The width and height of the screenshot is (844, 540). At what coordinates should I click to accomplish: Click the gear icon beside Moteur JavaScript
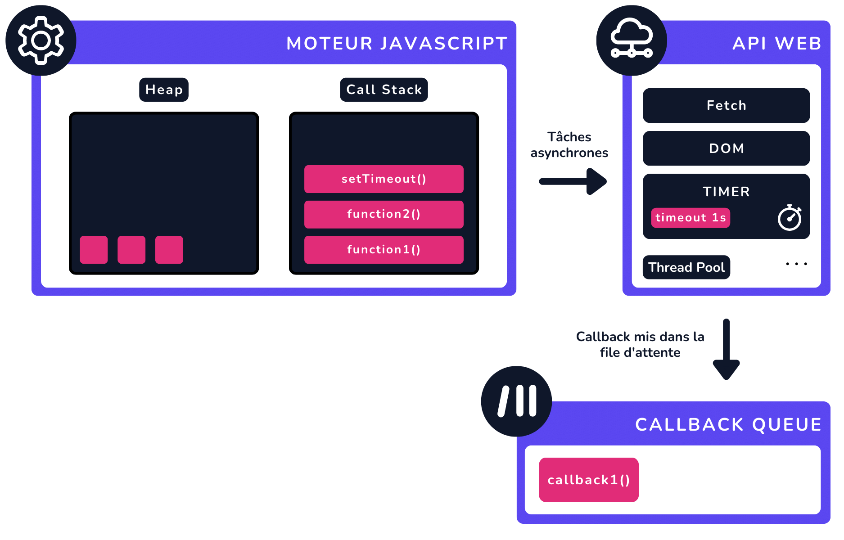tap(41, 40)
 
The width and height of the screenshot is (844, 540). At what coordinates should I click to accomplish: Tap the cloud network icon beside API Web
tap(631, 40)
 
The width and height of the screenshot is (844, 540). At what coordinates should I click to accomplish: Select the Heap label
tap(164, 90)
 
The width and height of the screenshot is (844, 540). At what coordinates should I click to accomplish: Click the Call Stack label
tap(384, 90)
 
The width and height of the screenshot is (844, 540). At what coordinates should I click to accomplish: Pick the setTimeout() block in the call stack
tap(384, 179)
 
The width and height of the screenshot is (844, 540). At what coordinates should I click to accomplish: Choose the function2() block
tap(384, 214)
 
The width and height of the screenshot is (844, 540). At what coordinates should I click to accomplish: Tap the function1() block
tap(384, 250)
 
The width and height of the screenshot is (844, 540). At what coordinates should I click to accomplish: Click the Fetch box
tap(726, 105)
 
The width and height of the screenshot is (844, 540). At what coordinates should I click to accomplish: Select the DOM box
tap(726, 148)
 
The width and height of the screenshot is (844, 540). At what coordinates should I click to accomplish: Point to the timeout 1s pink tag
tap(690, 218)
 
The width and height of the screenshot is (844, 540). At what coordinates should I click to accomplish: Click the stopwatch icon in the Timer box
tap(790, 218)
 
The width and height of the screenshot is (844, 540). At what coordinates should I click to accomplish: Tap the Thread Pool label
tap(686, 267)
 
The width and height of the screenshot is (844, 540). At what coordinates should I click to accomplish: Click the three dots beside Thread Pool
tap(796, 264)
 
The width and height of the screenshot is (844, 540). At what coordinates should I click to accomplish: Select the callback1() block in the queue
tap(589, 480)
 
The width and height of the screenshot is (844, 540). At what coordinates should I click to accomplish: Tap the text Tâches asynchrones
tap(569, 145)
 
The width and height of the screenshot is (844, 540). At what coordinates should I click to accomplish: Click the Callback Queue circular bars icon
tap(516, 401)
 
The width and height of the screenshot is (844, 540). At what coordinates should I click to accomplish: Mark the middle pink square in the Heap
tap(131, 250)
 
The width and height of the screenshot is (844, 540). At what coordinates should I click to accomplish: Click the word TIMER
tap(726, 192)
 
